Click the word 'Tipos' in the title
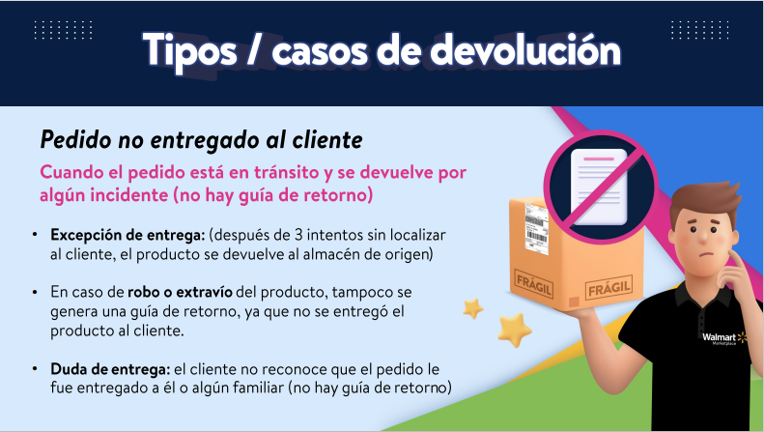pos(189,51)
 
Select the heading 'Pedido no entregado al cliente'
pos(201,139)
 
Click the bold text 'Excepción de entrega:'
pos(127,235)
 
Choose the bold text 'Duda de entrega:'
pos(111,369)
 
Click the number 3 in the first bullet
pos(298,235)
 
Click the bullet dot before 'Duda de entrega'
pos(35,369)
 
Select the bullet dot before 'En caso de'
pos(35,292)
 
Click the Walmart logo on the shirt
pos(724,338)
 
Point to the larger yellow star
pos(515,330)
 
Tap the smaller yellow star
pos(472,308)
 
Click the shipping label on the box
pos(536,228)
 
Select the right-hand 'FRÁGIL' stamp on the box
pos(608,288)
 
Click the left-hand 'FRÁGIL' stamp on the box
pos(533,284)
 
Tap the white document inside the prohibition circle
pos(599,187)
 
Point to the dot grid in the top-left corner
pos(63,30)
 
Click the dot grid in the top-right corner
pos(699,30)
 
